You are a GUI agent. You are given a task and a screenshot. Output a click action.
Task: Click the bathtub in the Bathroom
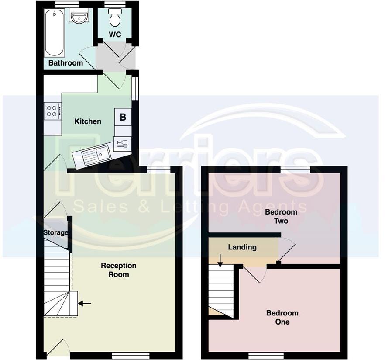tap(54, 33)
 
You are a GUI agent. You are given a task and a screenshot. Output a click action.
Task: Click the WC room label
tap(115, 35)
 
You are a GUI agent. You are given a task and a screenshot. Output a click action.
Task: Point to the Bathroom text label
tap(65, 63)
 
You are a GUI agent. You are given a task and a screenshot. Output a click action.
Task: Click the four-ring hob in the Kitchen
tap(52, 111)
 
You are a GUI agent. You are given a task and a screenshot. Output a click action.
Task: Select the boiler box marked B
tap(123, 117)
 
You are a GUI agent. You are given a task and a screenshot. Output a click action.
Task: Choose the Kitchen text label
tap(88, 121)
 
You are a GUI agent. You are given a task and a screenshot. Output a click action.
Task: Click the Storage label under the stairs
tap(55, 232)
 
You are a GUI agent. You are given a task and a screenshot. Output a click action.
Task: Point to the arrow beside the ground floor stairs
tap(85, 303)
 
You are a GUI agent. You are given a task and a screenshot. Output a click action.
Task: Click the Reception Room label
tap(119, 270)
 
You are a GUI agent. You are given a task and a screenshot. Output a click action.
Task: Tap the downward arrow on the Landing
tap(220, 260)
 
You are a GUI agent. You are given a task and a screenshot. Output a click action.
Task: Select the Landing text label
tap(242, 247)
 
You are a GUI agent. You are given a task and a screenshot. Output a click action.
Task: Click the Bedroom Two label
tap(281, 216)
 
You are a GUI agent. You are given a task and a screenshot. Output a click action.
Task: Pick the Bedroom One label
tap(282, 317)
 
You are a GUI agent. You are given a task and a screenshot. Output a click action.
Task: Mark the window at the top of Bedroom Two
tap(295, 170)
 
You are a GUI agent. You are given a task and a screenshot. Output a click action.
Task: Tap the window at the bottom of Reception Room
tap(131, 355)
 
